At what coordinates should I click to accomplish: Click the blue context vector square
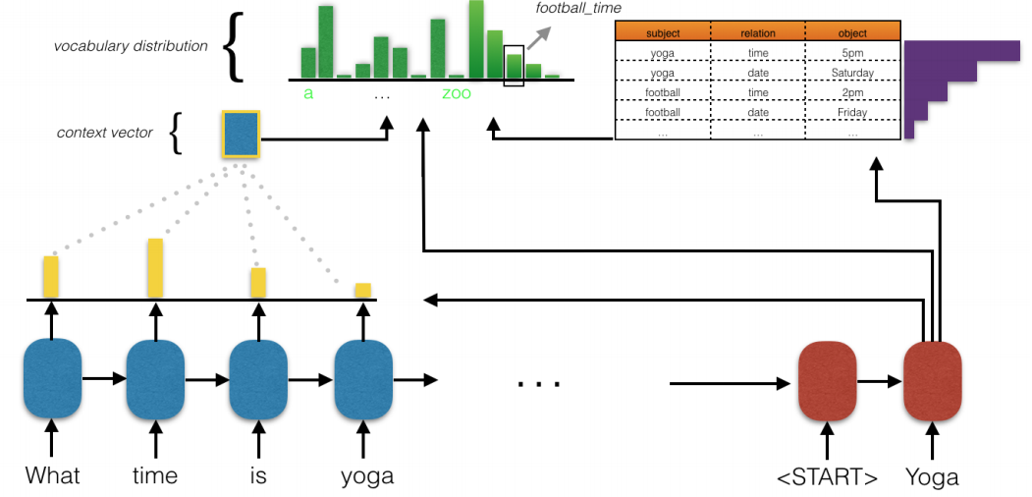click(x=242, y=135)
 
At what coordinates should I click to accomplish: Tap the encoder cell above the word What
click(x=52, y=379)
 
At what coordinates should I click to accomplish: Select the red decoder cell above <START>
click(x=828, y=381)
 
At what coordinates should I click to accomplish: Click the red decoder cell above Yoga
click(x=932, y=381)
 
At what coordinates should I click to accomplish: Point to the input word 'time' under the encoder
click(x=155, y=476)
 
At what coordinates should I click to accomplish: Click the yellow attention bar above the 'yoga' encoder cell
click(x=363, y=291)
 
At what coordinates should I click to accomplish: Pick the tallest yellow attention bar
click(x=155, y=268)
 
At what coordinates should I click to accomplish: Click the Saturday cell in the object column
click(x=852, y=73)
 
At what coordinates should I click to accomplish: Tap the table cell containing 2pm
click(x=852, y=92)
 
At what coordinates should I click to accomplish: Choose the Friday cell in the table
click(x=852, y=112)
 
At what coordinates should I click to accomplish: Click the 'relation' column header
click(x=757, y=32)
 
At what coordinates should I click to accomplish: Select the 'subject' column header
click(x=663, y=32)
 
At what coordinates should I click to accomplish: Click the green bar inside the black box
click(x=514, y=67)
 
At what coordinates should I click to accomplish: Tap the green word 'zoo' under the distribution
click(x=457, y=93)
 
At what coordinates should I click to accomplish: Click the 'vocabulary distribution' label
click(x=131, y=47)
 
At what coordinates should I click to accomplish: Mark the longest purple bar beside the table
click(x=962, y=51)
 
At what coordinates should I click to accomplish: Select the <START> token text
click(x=828, y=476)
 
